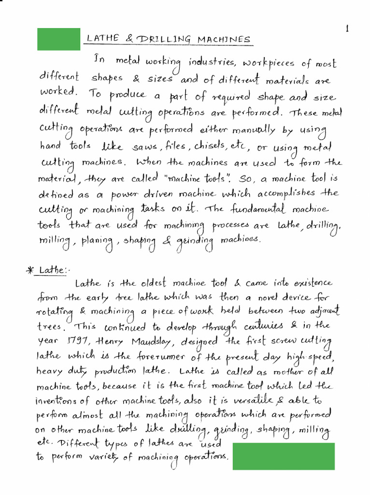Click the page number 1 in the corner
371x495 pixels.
(347, 29)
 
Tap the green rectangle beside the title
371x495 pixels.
(59, 39)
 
